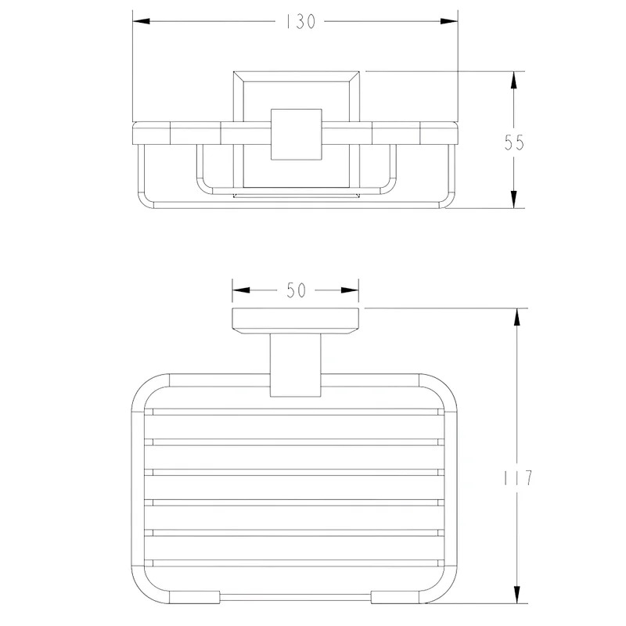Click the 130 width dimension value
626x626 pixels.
point(300,22)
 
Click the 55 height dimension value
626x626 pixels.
point(514,142)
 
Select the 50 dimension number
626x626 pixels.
point(296,290)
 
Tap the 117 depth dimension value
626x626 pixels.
point(517,478)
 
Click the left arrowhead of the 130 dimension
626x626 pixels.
point(142,21)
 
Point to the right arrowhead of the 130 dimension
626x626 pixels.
point(448,21)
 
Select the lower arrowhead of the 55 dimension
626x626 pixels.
point(514,199)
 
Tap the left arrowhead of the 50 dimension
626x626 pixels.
point(241,290)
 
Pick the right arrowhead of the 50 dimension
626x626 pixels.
point(350,290)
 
